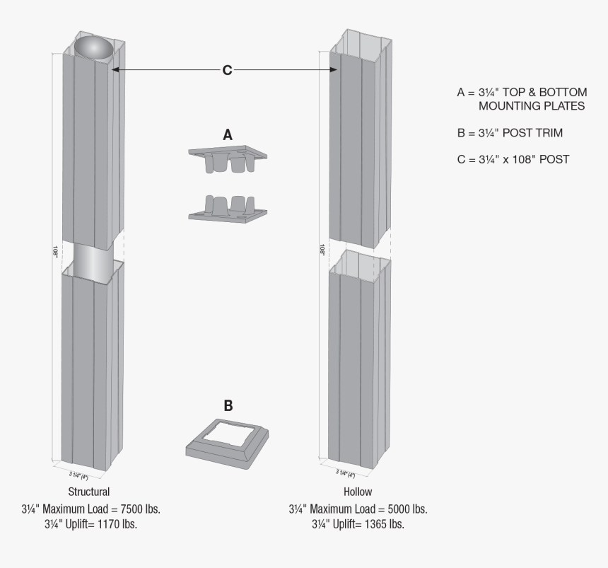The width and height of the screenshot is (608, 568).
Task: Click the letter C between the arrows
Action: click(227, 70)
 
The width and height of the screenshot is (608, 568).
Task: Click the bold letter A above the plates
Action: click(227, 134)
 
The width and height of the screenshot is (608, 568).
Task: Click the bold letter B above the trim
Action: click(228, 406)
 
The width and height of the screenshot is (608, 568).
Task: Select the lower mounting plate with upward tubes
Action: click(228, 209)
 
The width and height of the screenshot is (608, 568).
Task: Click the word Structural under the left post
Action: click(88, 491)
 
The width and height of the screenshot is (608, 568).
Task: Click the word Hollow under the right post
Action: click(357, 491)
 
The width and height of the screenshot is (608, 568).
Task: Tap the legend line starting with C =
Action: click(513, 159)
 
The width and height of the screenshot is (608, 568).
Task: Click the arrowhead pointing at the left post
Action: click(115, 70)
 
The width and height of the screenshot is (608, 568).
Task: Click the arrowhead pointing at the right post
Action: click(335, 70)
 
